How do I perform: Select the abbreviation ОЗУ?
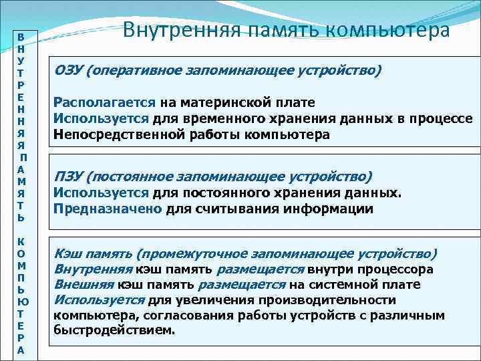tap(69, 70)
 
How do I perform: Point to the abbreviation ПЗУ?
tap(69, 176)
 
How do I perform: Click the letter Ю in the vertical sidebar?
tap(21, 301)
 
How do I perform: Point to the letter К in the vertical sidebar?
tap(21, 241)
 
